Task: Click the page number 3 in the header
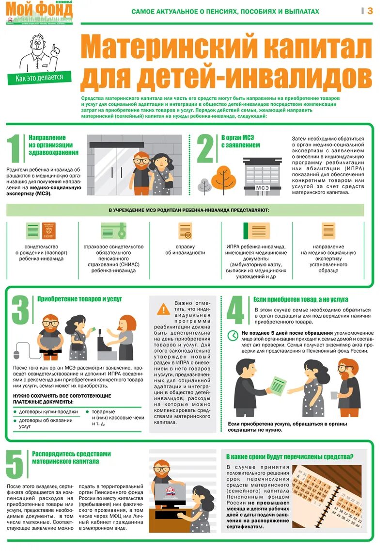370,11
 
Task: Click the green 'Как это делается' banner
39,77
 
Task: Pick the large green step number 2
205,148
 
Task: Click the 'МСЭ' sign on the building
262,188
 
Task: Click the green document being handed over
278,386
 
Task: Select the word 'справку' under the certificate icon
185,246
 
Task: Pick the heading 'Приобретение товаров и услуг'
79,299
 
